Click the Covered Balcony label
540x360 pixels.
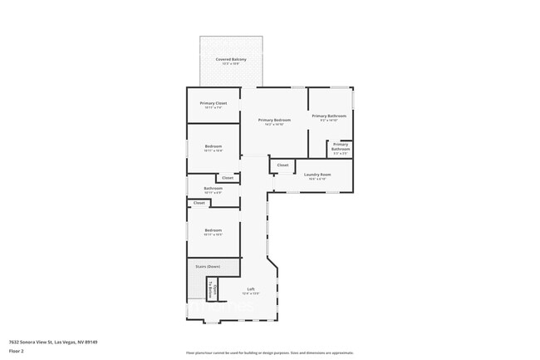point(230,60)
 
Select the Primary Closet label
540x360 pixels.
point(213,103)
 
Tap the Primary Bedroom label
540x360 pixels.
point(274,120)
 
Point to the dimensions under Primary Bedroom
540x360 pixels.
point(274,125)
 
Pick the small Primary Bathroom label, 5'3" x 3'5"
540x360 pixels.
point(341,146)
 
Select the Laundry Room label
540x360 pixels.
point(317,174)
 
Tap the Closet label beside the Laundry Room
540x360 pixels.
point(282,165)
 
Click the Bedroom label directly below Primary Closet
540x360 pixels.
point(213,146)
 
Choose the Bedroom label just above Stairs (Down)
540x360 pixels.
point(213,229)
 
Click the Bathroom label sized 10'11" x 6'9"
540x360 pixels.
point(213,188)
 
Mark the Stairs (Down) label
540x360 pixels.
point(208,266)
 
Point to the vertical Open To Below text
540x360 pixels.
point(214,290)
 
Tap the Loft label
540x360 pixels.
point(250,288)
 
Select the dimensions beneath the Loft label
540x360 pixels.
point(250,293)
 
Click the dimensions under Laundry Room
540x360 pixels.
point(317,179)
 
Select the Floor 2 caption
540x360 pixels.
point(16,350)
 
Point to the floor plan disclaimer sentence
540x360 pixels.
point(269,353)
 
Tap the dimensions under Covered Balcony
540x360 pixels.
point(230,65)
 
